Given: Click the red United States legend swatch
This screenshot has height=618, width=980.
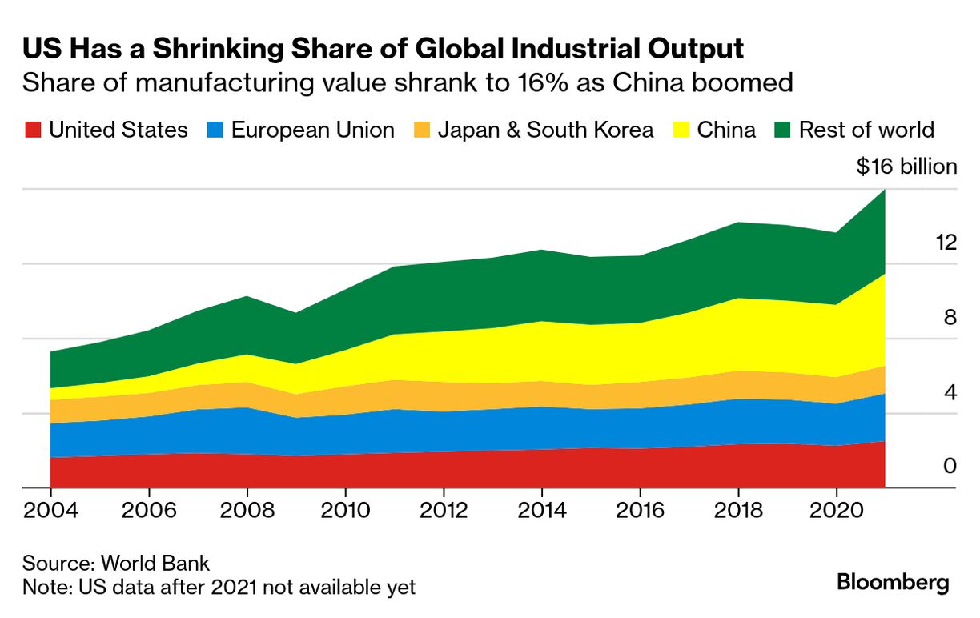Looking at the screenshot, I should coord(32,130).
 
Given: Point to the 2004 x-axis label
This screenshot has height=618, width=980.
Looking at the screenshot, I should coord(50,511).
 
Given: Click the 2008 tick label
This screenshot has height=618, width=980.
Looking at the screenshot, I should coord(247,511).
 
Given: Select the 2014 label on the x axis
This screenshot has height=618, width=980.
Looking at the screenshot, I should coord(541,511).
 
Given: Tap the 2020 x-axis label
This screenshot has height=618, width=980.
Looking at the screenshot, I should coord(836,511).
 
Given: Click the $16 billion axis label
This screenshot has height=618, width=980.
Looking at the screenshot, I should coord(906,167).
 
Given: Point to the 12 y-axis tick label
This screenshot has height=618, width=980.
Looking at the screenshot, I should coord(946,243).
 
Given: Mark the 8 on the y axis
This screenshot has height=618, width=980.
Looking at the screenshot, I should coord(950,318).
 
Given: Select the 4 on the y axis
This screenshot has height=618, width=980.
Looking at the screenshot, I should coord(950,392).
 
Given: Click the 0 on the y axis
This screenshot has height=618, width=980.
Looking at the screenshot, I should coord(950,466).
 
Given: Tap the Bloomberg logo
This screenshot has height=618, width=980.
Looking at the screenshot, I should coord(893,582).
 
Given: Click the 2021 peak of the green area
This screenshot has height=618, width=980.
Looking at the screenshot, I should coord(885,191).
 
